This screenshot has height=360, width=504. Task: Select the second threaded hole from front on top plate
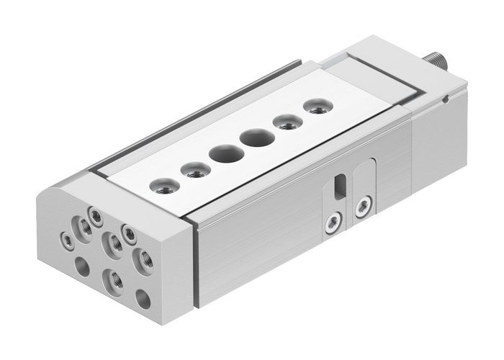(191, 171)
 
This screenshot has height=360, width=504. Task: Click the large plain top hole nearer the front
(221, 153)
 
